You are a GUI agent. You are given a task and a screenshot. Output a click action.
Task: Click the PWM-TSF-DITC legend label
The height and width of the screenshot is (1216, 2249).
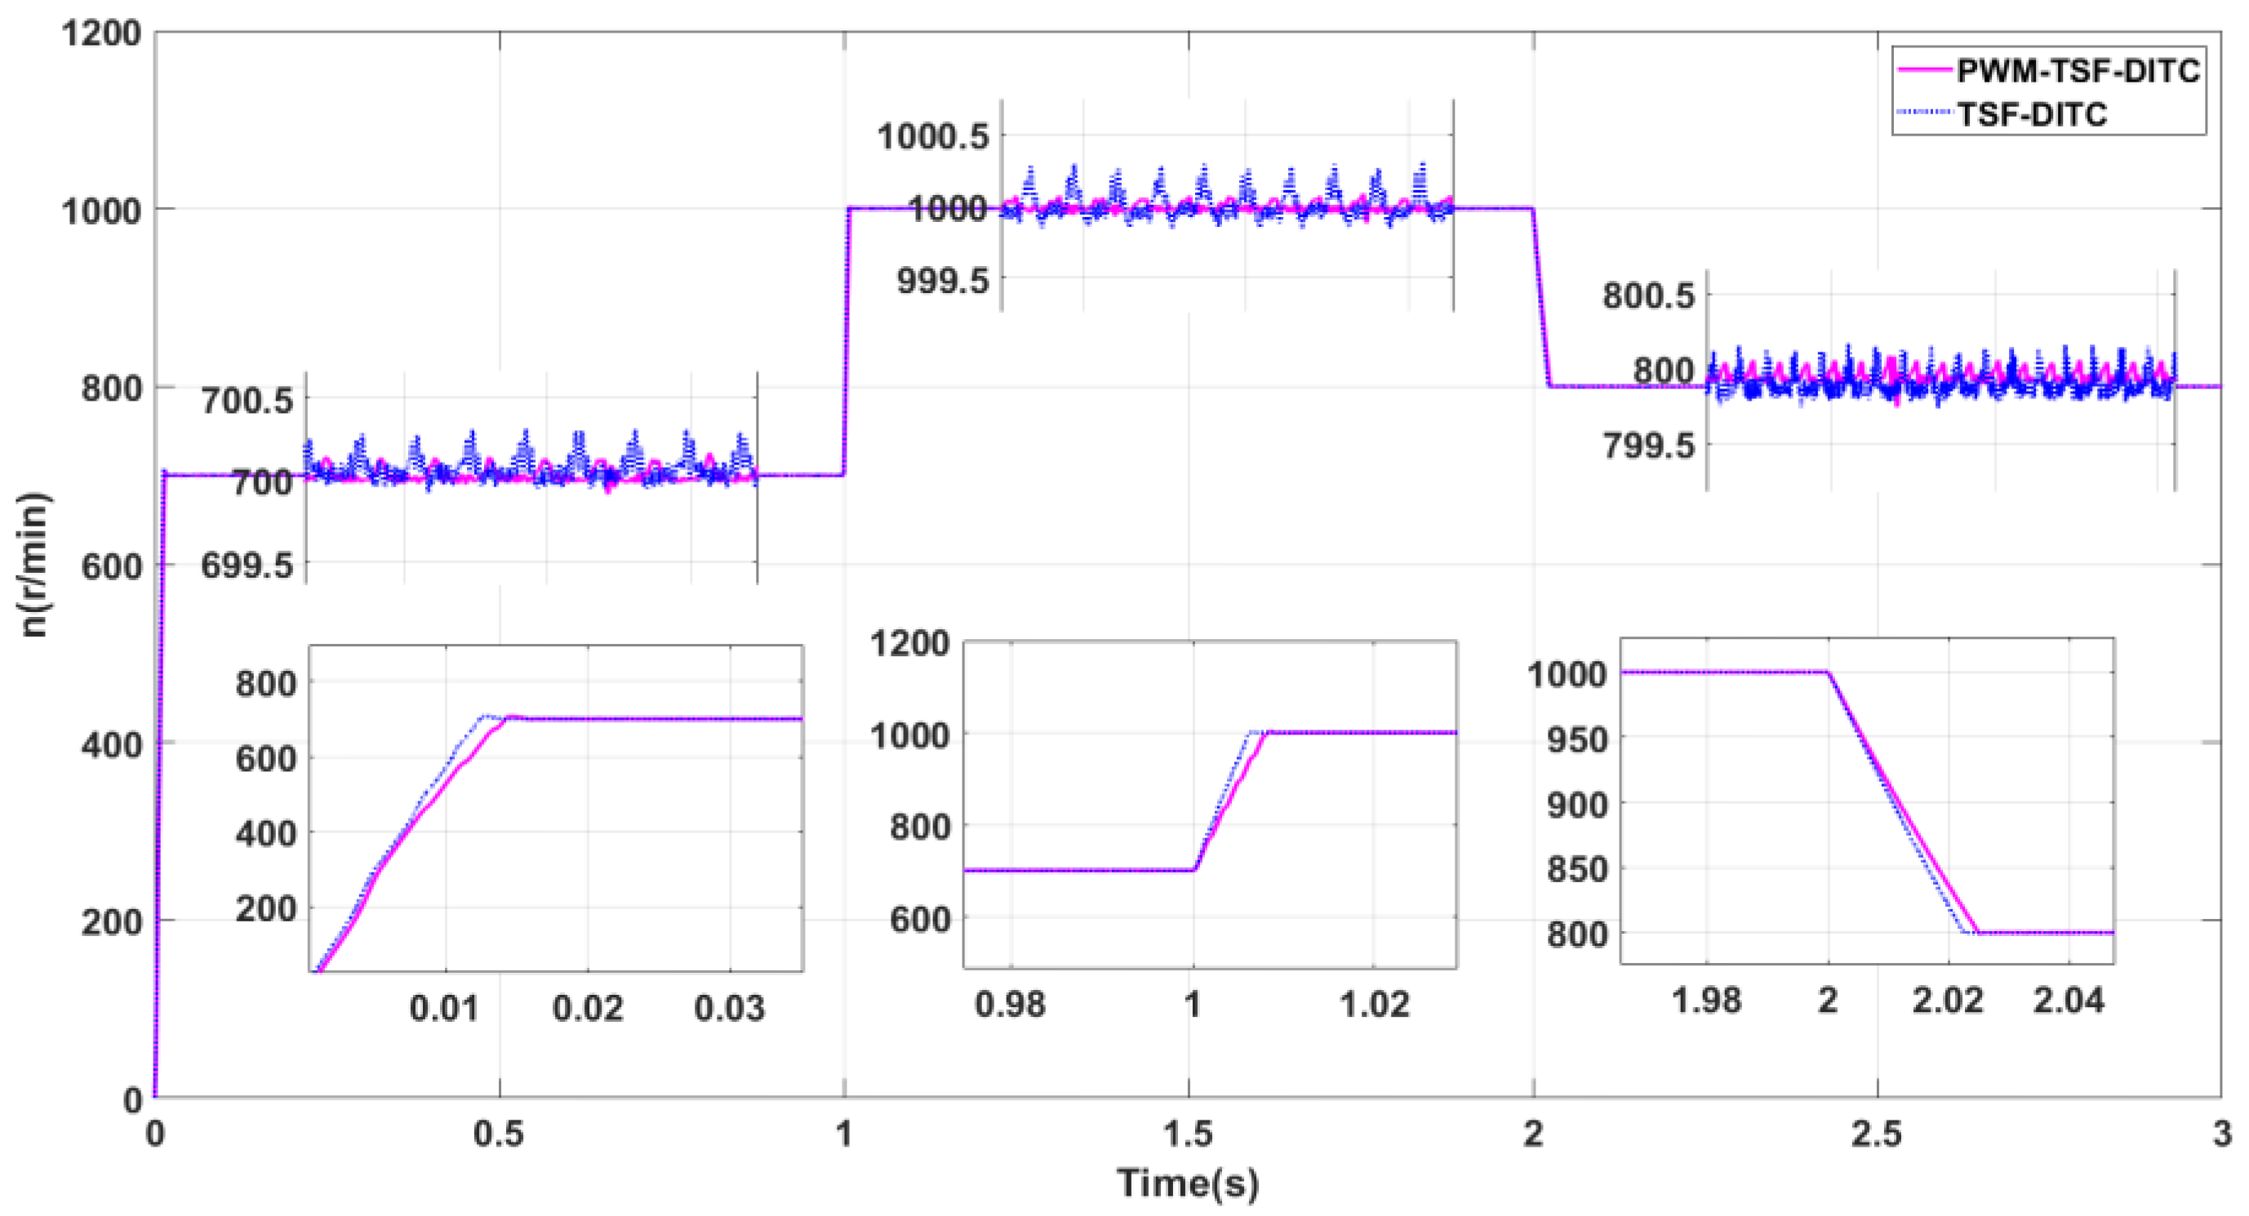pos(2078,71)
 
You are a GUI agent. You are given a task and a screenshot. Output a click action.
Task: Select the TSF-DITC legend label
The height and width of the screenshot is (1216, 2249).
pos(2033,114)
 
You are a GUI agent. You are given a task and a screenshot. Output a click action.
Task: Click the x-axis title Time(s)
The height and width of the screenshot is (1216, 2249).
pos(1189,1183)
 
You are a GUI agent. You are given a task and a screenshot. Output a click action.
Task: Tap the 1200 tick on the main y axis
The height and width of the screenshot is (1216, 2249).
pos(101,33)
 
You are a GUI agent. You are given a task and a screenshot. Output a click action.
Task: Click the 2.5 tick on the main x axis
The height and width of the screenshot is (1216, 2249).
pos(1876,1133)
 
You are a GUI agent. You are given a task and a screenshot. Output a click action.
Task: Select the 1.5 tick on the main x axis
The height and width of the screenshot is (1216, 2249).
pos(1189,1133)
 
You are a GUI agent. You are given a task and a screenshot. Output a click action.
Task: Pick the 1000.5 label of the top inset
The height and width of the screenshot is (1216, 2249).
pos(932,136)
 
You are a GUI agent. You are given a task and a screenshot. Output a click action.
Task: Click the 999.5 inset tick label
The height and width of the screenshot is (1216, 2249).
pos(943,280)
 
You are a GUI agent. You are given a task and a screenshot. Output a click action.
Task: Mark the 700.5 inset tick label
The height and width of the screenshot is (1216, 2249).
pos(247,401)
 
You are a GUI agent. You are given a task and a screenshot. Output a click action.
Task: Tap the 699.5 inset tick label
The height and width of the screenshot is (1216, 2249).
pos(247,566)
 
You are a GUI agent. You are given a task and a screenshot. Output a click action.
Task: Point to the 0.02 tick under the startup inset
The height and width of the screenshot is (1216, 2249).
pos(588,1008)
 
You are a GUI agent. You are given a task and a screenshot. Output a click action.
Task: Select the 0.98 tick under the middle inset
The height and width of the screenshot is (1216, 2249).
pos(1009,1005)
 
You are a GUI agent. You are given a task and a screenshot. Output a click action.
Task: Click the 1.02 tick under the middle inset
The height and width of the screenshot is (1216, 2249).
pos(1374,1005)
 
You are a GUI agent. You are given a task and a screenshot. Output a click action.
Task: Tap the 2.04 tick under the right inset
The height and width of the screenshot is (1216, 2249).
pos(2069,1001)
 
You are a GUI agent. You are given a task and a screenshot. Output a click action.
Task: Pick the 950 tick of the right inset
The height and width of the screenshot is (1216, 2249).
pos(1576,739)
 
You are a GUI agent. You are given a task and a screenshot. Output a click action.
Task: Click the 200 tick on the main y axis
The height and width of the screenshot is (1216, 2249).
pos(112,922)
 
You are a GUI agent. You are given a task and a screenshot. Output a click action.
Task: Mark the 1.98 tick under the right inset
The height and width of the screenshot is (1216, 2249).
pos(1706,1001)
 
